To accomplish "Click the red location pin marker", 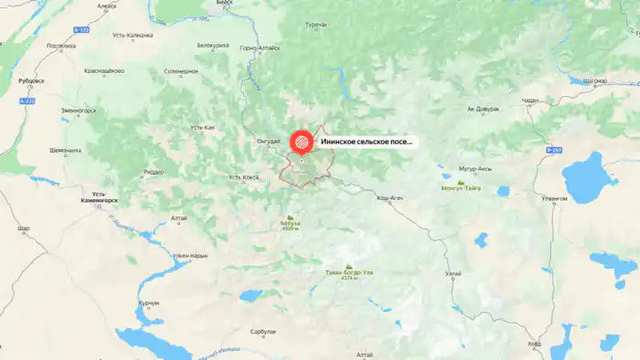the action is [301, 143].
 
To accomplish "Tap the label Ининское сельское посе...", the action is [366, 143].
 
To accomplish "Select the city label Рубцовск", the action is [31, 80].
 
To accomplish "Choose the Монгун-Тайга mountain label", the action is [461, 189].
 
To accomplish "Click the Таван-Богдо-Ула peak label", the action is [347, 272].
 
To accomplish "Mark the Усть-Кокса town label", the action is [245, 176].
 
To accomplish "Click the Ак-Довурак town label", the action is [484, 109].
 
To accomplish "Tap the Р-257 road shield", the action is [551, 149].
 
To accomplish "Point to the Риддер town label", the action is [154, 172].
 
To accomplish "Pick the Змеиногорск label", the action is [79, 111].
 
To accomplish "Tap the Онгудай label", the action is [268, 141].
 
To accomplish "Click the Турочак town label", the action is [315, 24].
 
